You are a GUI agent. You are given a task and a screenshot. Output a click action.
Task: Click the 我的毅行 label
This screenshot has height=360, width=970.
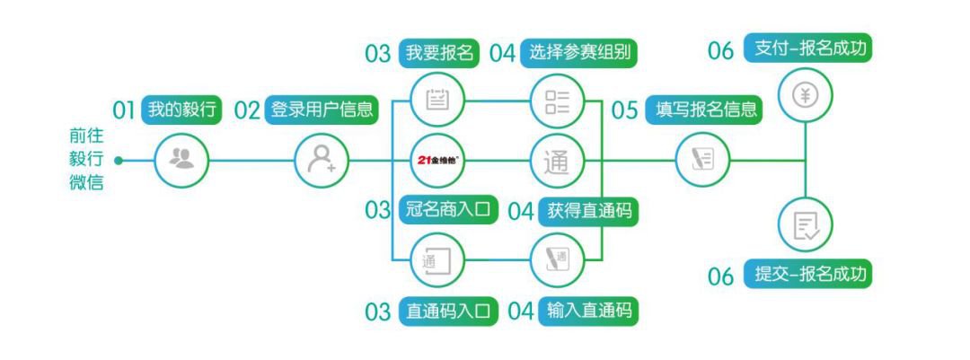(181, 110)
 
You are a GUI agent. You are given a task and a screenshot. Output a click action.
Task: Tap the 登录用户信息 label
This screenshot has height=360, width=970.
(322, 110)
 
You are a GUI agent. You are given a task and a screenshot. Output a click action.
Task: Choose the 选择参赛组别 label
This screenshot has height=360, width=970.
(578, 53)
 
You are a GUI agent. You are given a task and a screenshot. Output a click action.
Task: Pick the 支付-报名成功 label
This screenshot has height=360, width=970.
(813, 48)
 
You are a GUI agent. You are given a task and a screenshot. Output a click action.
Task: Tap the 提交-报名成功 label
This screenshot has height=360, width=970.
(813, 274)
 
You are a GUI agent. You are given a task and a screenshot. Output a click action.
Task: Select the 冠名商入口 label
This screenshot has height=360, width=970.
(449, 209)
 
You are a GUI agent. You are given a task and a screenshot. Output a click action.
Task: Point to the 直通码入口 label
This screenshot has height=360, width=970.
(449, 312)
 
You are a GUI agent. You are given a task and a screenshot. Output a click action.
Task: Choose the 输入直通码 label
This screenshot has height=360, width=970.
(589, 312)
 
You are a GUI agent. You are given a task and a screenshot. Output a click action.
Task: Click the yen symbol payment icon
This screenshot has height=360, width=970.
(806, 94)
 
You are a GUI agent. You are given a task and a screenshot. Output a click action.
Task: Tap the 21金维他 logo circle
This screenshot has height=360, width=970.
(438, 161)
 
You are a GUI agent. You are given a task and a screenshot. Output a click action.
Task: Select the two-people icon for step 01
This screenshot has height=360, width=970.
(181, 161)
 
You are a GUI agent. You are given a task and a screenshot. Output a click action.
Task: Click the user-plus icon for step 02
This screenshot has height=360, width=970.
(322, 161)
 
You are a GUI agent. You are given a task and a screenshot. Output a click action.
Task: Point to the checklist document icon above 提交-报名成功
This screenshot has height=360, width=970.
(806, 225)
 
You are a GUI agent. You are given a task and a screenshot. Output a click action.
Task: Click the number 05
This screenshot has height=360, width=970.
(624, 110)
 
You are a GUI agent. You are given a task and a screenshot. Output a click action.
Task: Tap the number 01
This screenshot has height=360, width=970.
(124, 110)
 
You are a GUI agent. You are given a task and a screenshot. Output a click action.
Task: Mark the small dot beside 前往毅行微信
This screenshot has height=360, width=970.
(119, 161)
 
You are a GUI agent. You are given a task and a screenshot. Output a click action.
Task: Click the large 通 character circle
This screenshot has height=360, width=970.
(558, 161)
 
